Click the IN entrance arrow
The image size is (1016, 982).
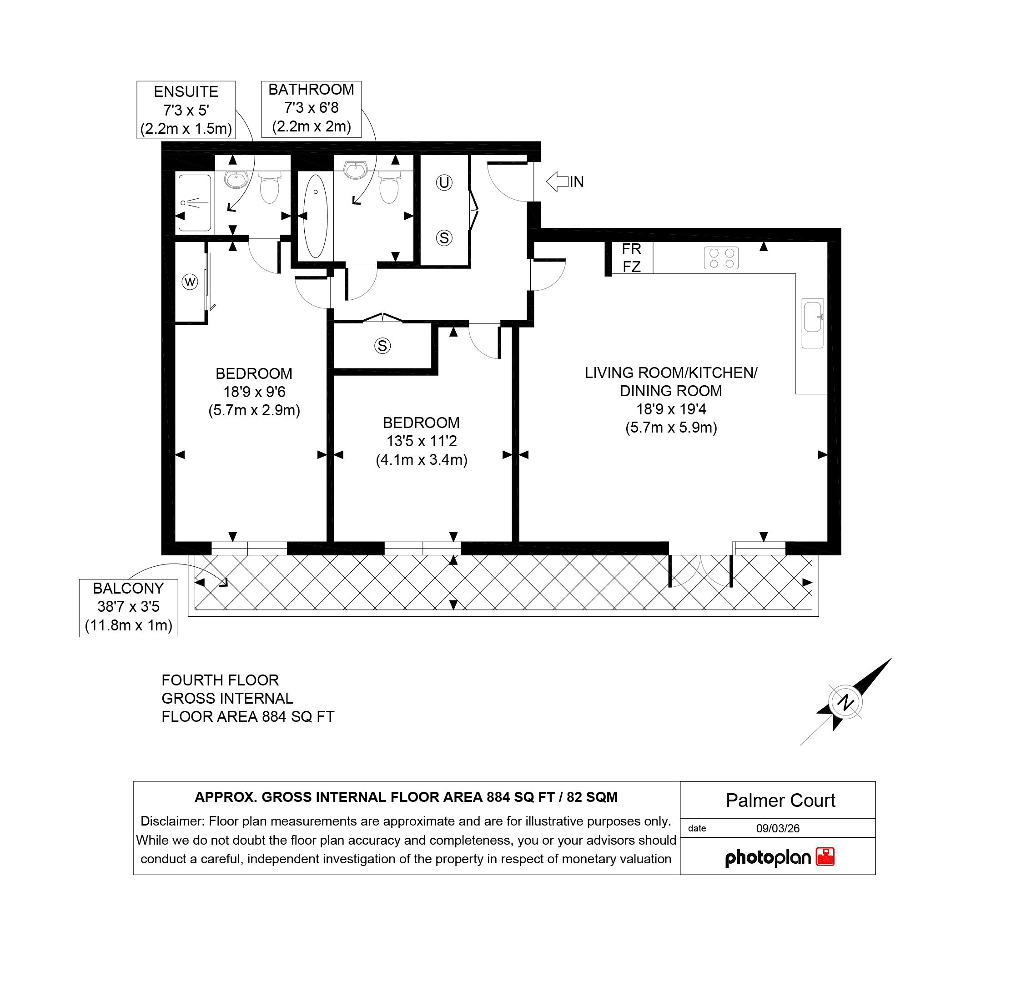[557, 181]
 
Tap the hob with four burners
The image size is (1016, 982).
[721, 258]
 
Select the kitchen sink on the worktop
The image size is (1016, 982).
[812, 323]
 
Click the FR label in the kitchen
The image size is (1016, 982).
[631, 249]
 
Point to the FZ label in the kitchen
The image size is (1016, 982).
[631, 267]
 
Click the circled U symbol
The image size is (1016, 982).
[444, 182]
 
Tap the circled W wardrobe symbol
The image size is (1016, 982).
[190, 282]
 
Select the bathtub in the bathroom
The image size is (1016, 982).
[316, 216]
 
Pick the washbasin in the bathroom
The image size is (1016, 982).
[356, 169]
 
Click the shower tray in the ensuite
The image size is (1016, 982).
[195, 203]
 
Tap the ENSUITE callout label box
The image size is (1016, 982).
[186, 110]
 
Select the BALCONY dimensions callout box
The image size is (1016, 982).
[129, 608]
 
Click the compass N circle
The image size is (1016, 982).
[845, 703]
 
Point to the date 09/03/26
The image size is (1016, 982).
[778, 829]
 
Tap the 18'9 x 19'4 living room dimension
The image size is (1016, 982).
[671, 410]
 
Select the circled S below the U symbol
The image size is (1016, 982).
[444, 238]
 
